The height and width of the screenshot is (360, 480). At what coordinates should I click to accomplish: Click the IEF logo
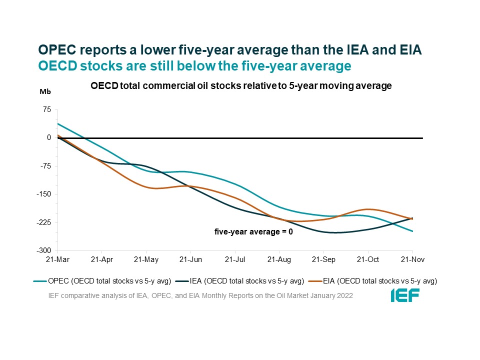(x=405, y=295)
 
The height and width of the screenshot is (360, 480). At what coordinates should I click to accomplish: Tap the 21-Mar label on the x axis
(x=57, y=260)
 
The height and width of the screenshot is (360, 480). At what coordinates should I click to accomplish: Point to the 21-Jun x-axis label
(x=190, y=260)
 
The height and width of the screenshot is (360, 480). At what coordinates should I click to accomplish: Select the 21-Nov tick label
(x=412, y=260)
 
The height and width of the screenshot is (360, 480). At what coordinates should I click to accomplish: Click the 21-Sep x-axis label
(x=323, y=260)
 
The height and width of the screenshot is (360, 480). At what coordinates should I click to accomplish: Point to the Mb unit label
(x=45, y=91)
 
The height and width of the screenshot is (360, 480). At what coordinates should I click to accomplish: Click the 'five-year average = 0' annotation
(x=253, y=231)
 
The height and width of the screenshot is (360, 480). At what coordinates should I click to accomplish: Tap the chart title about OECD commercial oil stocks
(x=240, y=86)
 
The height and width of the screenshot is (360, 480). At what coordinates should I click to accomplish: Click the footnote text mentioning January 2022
(x=200, y=295)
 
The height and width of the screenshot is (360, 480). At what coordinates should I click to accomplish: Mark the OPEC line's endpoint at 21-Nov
(x=412, y=231)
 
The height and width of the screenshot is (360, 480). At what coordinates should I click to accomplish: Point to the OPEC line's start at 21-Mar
(x=58, y=123)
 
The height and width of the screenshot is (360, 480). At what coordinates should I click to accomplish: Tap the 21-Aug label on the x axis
(x=279, y=260)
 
